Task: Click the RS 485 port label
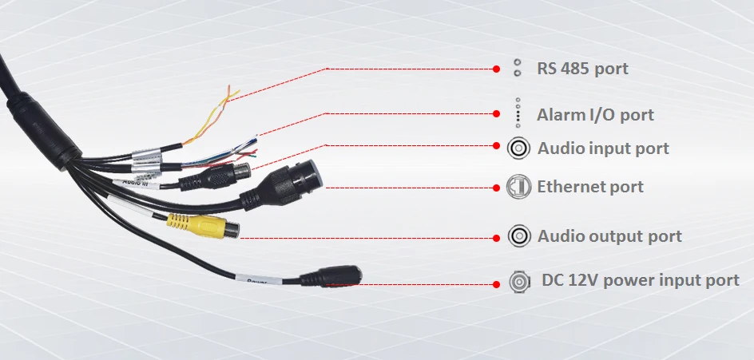click(x=582, y=69)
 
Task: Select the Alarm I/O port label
click(x=595, y=115)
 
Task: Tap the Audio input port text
click(x=603, y=148)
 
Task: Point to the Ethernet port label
click(x=590, y=188)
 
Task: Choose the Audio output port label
click(x=609, y=236)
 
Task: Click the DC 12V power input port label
click(x=641, y=280)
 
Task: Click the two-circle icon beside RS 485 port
click(x=518, y=68)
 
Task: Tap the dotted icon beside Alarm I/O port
click(x=518, y=113)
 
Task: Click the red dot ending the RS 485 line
click(x=496, y=69)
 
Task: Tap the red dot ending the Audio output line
click(x=496, y=237)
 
